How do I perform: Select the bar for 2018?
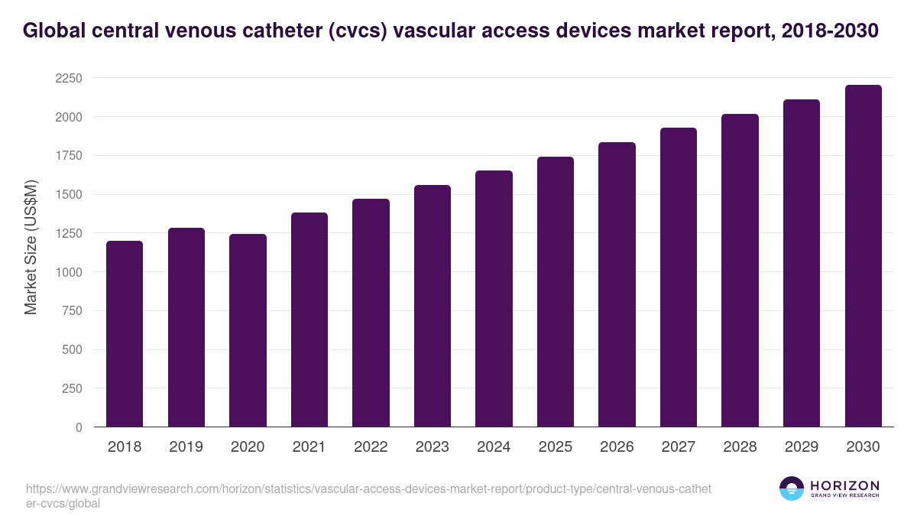(x=125, y=334)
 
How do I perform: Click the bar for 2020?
(x=248, y=330)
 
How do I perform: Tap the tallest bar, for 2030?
(x=863, y=256)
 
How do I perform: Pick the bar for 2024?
(x=494, y=299)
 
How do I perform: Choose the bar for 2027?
(x=679, y=277)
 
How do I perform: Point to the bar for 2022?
(x=371, y=313)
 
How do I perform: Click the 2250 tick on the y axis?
(x=68, y=78)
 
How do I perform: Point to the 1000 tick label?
(x=68, y=272)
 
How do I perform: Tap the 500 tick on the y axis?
(x=72, y=350)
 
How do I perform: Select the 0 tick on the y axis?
(x=79, y=427)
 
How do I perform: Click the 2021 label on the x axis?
(x=309, y=447)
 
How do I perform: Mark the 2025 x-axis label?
(x=556, y=447)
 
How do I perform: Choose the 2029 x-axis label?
(x=802, y=447)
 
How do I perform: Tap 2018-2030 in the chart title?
(x=831, y=31)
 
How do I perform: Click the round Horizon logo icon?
(x=792, y=488)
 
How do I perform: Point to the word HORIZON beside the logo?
(x=844, y=485)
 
